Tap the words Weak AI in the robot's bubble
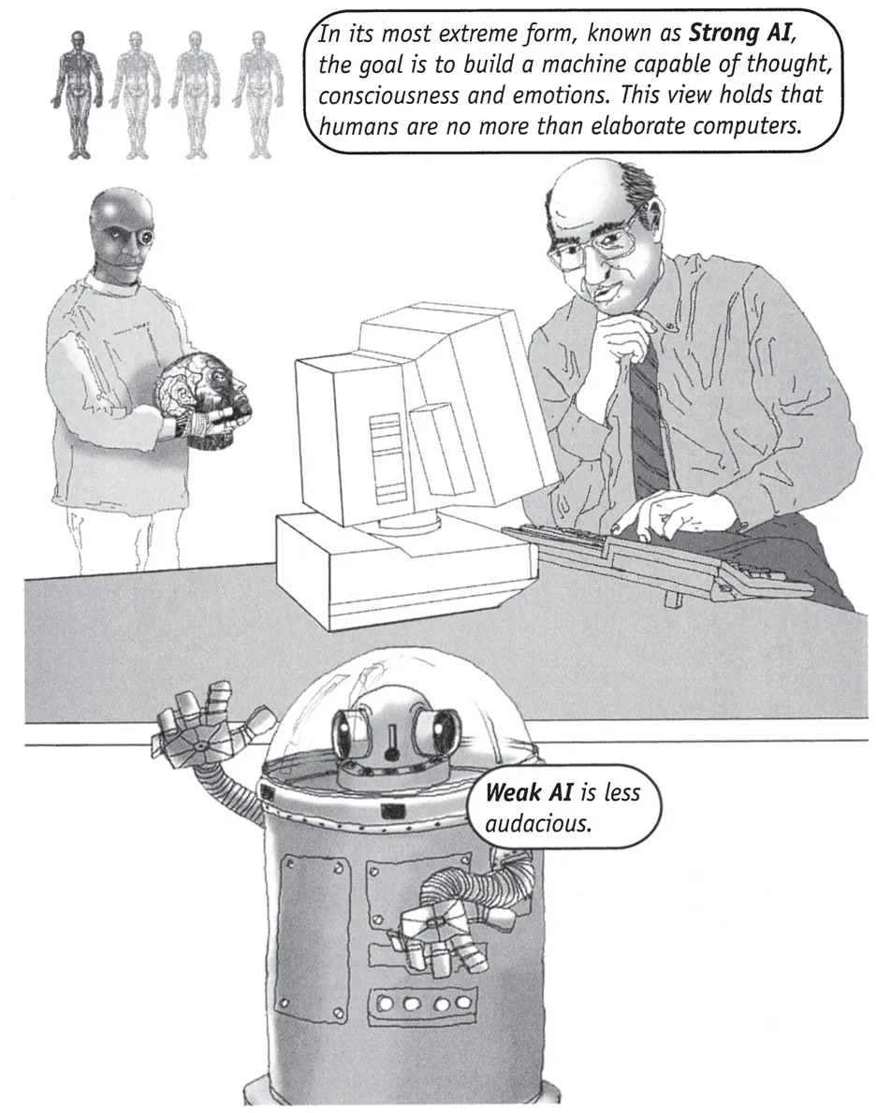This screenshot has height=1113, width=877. [x=528, y=791]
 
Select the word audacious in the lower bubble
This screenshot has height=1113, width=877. [x=537, y=823]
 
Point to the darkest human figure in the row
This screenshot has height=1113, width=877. [x=74, y=93]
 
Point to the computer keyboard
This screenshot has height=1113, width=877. [x=657, y=561]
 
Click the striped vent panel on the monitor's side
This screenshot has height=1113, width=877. [x=384, y=457]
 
